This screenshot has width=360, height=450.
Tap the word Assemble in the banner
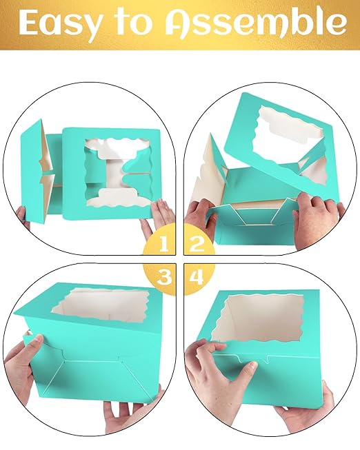tap(256, 21)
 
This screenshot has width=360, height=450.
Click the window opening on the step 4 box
tap(259, 318)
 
